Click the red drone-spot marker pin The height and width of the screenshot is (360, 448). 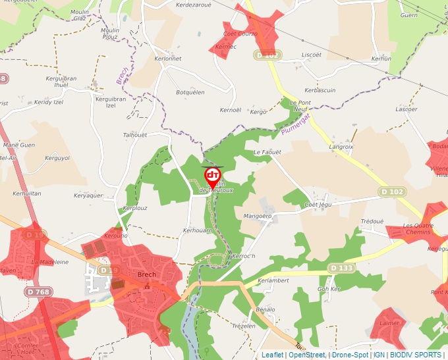point(212,176)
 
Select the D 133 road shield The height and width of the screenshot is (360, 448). point(341,268)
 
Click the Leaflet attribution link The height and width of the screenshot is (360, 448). point(271,355)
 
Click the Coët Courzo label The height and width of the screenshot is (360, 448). point(240,34)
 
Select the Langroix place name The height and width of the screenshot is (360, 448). point(341,147)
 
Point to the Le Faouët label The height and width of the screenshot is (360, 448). point(267,152)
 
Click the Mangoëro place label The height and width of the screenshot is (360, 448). point(258,215)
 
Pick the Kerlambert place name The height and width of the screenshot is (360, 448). point(273,280)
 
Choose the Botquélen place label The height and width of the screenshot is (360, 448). point(190,93)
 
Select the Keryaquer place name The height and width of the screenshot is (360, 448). point(88,195)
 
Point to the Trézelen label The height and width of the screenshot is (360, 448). point(243,326)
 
